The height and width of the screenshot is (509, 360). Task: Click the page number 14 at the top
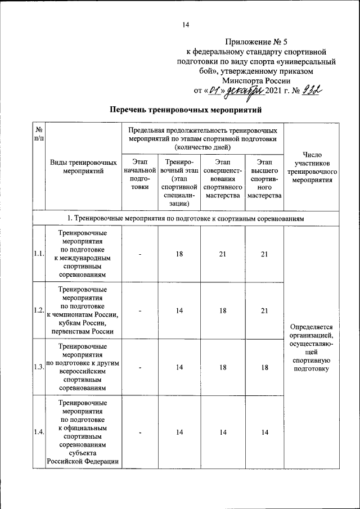186,24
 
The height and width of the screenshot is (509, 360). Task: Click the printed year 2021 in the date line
268,90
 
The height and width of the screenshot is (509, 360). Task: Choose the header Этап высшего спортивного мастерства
264,179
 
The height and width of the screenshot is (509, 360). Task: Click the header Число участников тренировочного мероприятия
312,167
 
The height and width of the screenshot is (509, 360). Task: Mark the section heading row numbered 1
186,218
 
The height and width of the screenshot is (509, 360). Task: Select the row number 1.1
39,254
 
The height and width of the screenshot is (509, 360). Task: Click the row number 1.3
39,367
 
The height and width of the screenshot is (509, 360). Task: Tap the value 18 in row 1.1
179,254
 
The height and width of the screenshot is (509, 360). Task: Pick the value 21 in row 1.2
264,310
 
